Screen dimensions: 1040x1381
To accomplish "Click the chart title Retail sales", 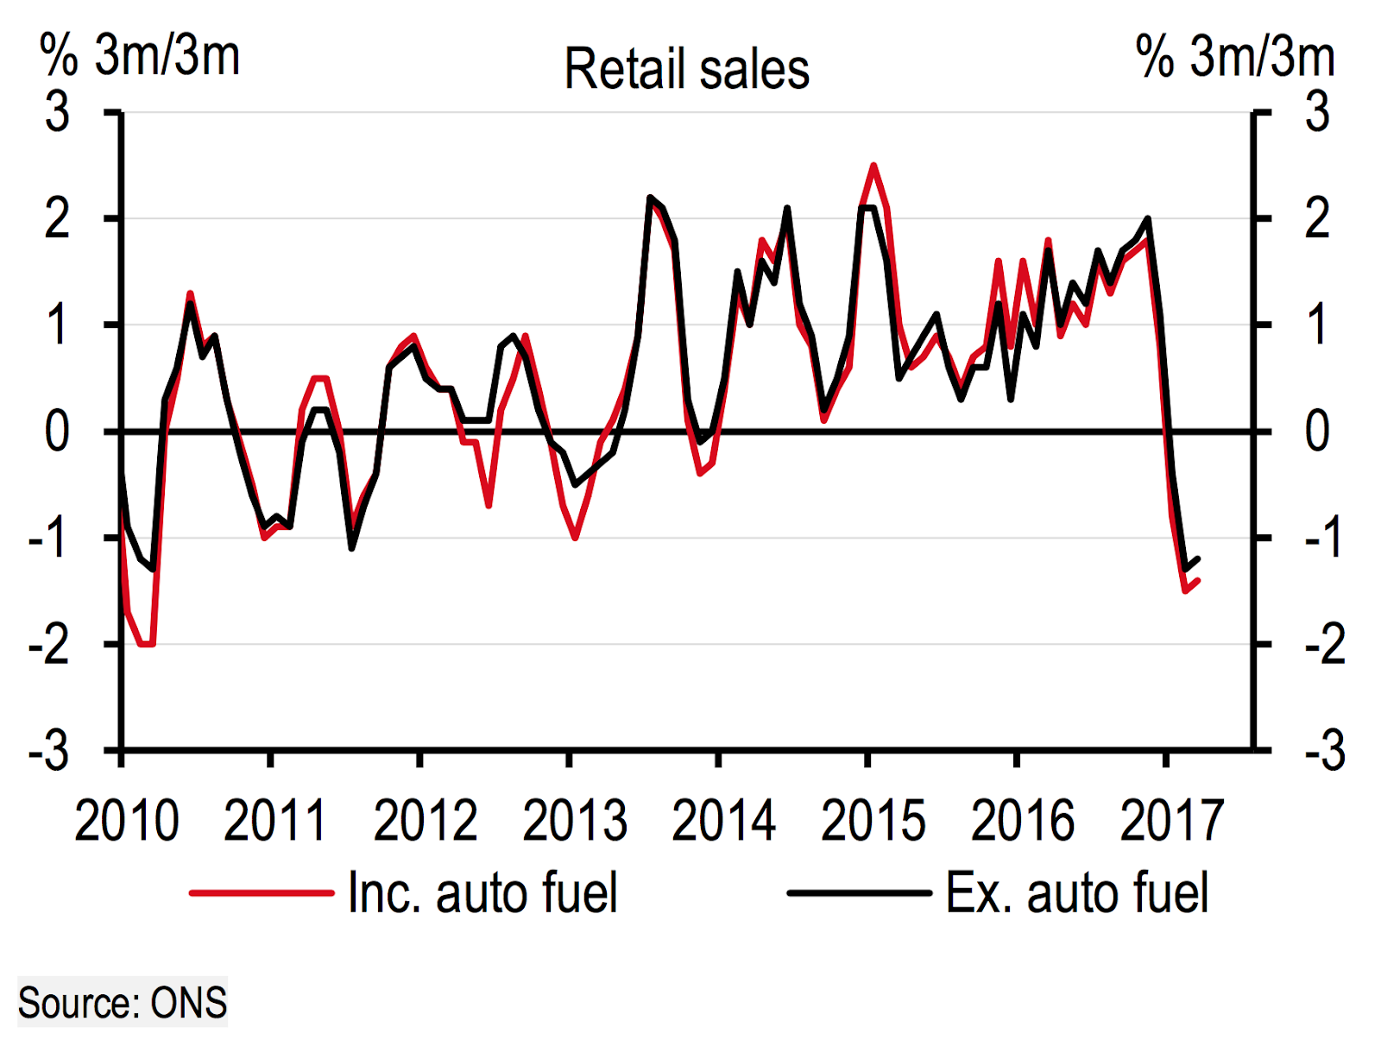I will (686, 69).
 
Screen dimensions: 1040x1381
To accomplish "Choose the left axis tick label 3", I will (57, 112).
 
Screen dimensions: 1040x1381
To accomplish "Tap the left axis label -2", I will (49, 645).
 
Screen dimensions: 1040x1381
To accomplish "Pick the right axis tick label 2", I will (1317, 218).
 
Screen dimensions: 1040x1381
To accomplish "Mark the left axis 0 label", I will (57, 432).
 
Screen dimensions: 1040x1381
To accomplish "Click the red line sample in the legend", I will (262, 892).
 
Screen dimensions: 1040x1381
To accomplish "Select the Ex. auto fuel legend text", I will (1076, 892).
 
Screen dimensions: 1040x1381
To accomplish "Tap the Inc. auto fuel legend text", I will (482, 892).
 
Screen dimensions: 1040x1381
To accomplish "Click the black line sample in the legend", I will (859, 892).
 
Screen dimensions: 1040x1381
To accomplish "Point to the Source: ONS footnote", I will (123, 1003).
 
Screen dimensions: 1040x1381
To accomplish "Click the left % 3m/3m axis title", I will (140, 56).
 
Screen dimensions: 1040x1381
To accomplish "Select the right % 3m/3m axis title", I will (1235, 56).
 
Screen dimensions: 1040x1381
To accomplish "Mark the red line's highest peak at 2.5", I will (873, 165).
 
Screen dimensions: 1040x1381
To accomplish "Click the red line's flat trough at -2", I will (147, 644).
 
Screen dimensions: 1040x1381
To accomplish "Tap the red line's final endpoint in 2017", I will (1198, 581).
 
